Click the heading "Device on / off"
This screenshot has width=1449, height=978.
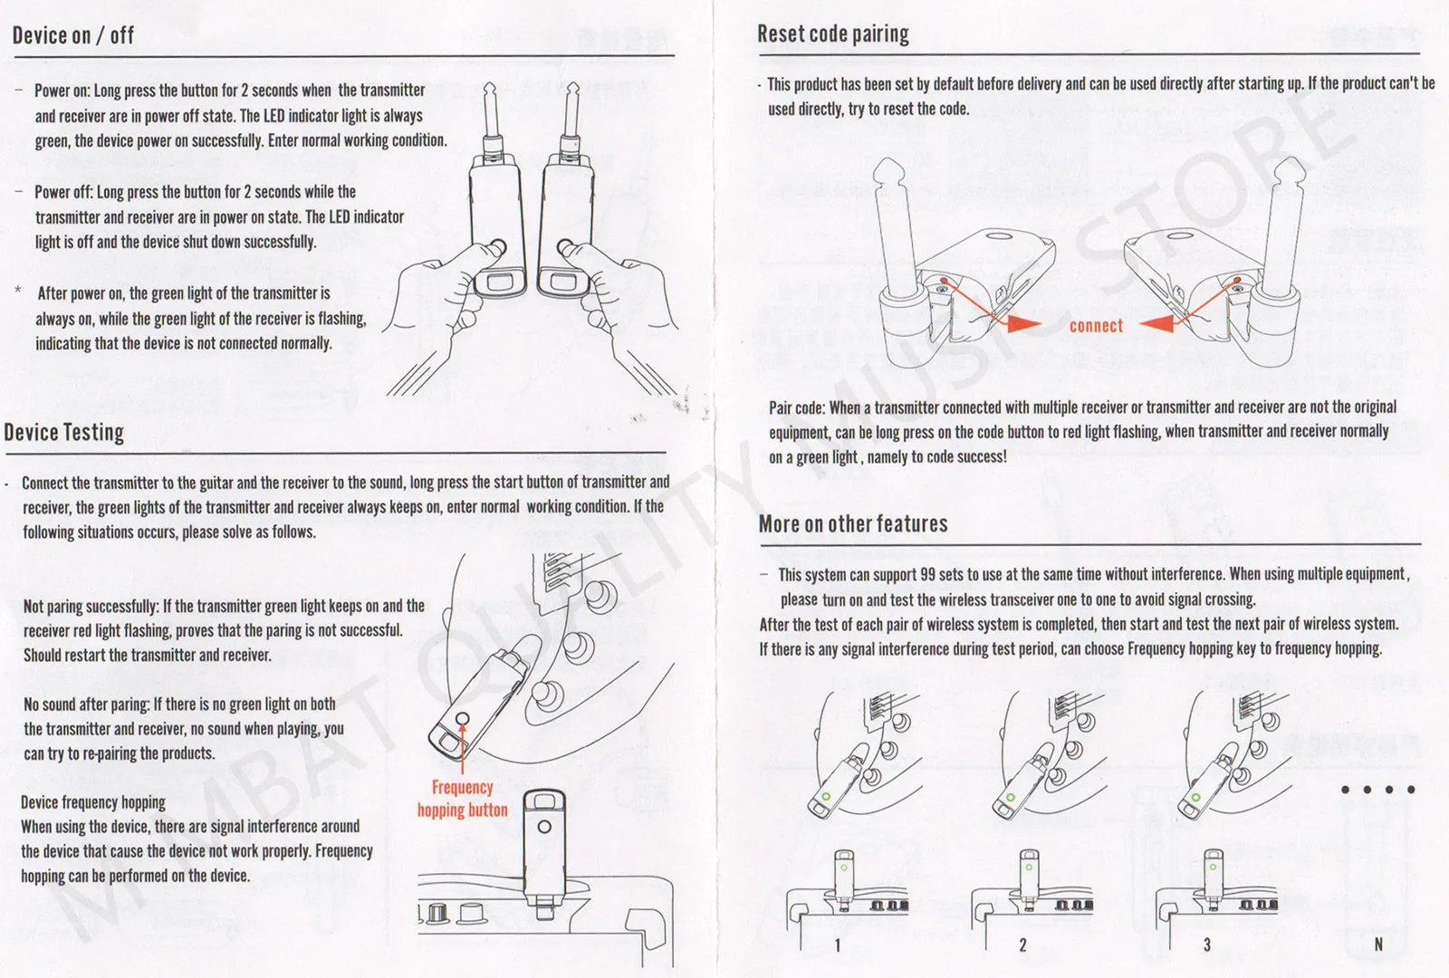tap(73, 35)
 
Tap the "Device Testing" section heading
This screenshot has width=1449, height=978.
tap(64, 432)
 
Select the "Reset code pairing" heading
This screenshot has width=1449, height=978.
tap(833, 34)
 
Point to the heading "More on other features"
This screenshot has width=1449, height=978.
tap(853, 524)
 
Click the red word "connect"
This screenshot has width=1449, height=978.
tap(1096, 326)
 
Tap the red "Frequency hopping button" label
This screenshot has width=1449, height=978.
tap(463, 799)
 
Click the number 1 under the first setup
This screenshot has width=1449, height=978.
tap(838, 945)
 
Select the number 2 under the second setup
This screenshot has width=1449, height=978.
tap(1022, 945)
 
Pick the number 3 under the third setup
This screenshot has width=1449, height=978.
tap(1207, 945)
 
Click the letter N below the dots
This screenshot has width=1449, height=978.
tap(1378, 944)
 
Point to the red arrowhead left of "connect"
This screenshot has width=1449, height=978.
tap(1024, 323)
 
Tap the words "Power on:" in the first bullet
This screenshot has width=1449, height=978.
tap(62, 91)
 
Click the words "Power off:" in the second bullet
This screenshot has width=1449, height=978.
tap(64, 192)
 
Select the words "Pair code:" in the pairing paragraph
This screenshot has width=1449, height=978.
tap(797, 408)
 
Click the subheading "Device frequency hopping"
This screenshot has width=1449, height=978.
tap(93, 802)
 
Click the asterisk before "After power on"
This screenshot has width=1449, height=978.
tap(18, 291)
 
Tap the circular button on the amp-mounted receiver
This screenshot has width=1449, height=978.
tap(544, 827)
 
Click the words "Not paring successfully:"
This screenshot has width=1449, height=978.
tap(91, 606)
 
